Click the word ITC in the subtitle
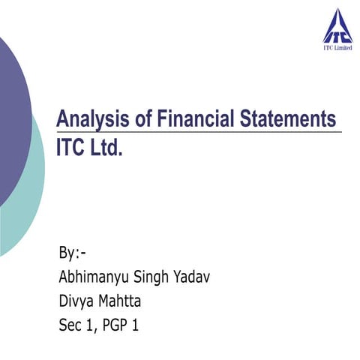point(71,148)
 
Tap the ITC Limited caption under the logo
point(335,49)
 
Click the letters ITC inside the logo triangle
point(335,34)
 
